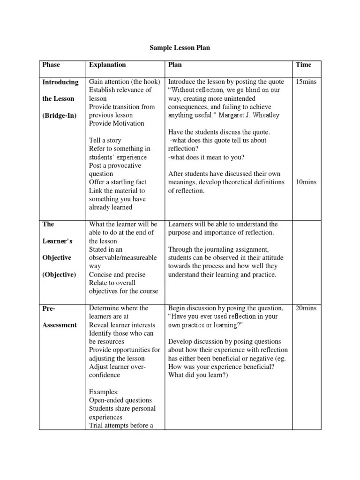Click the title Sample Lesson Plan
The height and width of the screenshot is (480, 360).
click(180, 48)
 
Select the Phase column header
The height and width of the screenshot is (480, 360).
click(51, 65)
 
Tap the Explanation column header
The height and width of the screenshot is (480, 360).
click(107, 65)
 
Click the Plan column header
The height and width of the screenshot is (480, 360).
click(175, 65)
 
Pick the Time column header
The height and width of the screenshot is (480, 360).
click(303, 65)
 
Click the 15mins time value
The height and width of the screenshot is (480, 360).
click(306, 82)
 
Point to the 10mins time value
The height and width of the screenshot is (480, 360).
click(306, 182)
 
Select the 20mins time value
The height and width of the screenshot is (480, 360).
click(306, 308)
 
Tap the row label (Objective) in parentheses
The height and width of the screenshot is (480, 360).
click(59, 275)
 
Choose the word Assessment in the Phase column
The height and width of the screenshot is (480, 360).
click(60, 325)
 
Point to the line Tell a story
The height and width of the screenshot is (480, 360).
click(105, 140)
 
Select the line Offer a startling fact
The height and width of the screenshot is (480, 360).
click(118, 182)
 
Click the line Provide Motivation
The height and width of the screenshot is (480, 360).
click(117, 123)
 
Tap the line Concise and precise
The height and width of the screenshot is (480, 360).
click(117, 275)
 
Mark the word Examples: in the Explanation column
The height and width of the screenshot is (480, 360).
click(104, 391)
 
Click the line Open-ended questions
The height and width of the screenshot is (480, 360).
click(120, 400)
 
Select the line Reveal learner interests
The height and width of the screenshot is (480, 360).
click(119, 325)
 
